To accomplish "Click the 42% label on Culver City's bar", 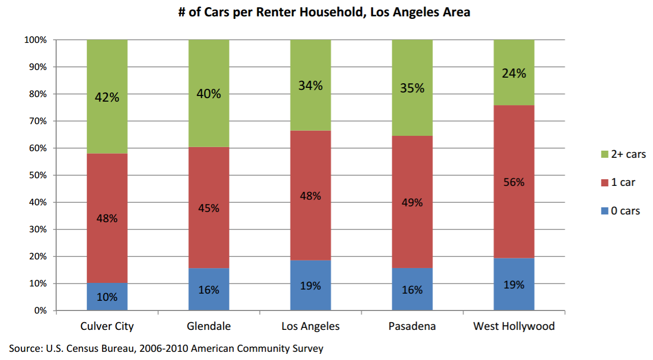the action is (107, 98).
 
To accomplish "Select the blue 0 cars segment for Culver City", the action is (107, 297).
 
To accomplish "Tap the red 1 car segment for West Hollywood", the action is (514, 182).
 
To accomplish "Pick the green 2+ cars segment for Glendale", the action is (209, 93).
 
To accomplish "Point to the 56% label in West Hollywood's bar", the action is (514, 182).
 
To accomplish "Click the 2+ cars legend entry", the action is (623, 154).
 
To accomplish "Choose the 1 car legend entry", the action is (618, 182).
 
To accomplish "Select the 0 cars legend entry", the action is (620, 210).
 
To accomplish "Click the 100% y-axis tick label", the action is (35, 40).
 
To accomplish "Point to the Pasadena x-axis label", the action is (412, 326).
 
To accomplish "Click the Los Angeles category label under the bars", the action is (310, 326).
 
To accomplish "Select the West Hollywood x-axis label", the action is (514, 326).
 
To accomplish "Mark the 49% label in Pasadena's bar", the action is (412, 202).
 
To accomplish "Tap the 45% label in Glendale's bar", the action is (209, 208).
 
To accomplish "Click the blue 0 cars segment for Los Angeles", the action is (310, 285).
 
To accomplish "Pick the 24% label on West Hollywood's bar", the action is (514, 73).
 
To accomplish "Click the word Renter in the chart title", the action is (276, 12).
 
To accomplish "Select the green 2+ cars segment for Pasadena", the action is (412, 88).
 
